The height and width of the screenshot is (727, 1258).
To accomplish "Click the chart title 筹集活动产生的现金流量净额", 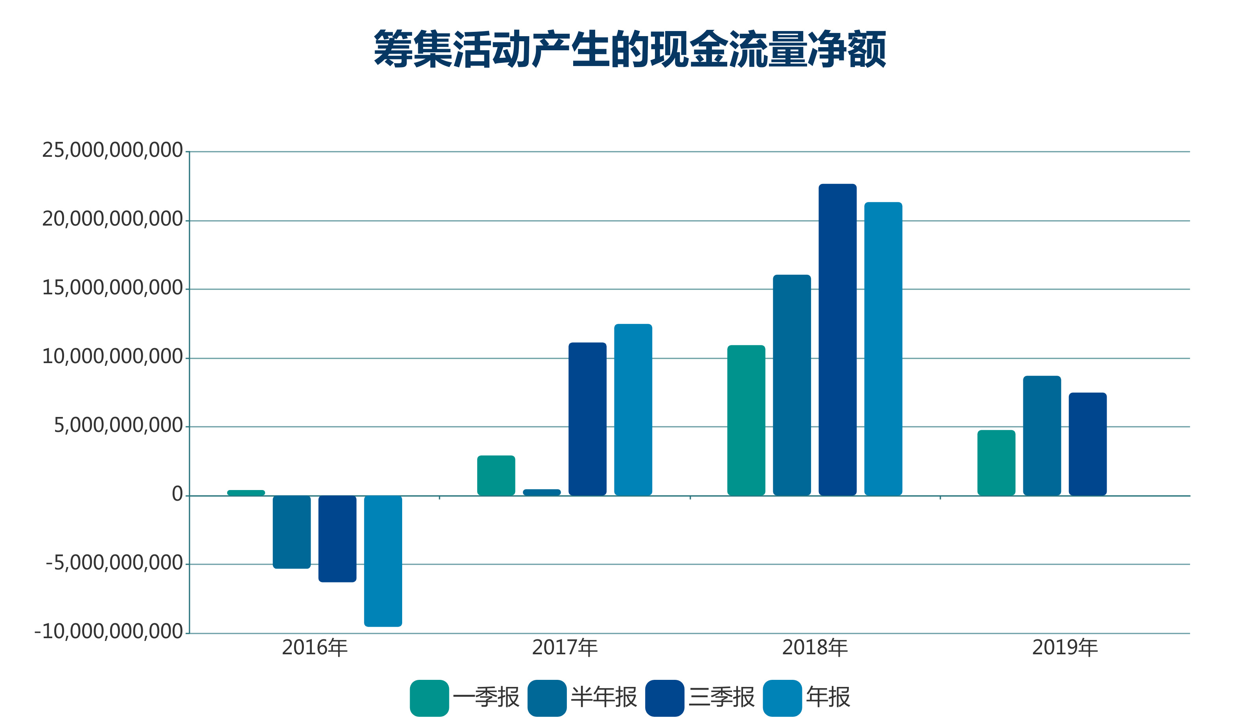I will tap(630, 49).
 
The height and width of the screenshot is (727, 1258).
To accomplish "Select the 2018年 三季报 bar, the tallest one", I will tap(838, 339).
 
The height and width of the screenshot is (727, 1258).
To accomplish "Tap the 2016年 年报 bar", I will tap(383, 561).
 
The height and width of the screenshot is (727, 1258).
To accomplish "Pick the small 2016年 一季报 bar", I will tap(246, 492).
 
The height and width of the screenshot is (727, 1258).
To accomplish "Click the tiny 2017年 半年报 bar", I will tap(542, 492).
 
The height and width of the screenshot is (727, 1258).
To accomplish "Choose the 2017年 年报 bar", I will tap(633, 409).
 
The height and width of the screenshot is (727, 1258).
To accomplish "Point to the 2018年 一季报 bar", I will tap(746, 420).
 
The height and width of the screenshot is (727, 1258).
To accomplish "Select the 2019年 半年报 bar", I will tap(1042, 435).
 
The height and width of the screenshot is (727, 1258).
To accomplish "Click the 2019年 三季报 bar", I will tap(1088, 444).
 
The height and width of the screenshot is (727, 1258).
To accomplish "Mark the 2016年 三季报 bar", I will tap(337, 538).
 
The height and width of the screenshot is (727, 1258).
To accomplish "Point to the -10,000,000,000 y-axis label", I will tap(109, 632).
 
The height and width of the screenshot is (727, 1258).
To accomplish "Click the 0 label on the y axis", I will tap(177, 494).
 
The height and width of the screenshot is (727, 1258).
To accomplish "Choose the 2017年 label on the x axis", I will tap(565, 648).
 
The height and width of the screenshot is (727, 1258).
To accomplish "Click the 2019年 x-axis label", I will tap(1065, 648).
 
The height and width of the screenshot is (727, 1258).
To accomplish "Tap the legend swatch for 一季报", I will tap(429, 698).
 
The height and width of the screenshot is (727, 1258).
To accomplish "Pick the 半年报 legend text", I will tap(604, 697).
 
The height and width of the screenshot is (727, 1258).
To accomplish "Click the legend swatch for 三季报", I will tap(664, 698).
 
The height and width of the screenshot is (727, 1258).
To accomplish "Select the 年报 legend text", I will tap(828, 697).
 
